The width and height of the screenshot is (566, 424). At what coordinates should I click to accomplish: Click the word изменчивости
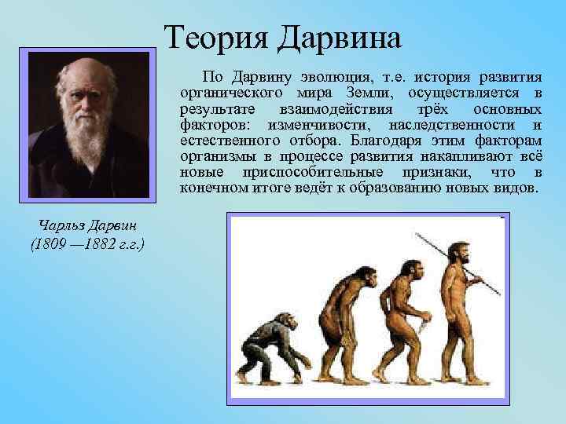click(x=314, y=126)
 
